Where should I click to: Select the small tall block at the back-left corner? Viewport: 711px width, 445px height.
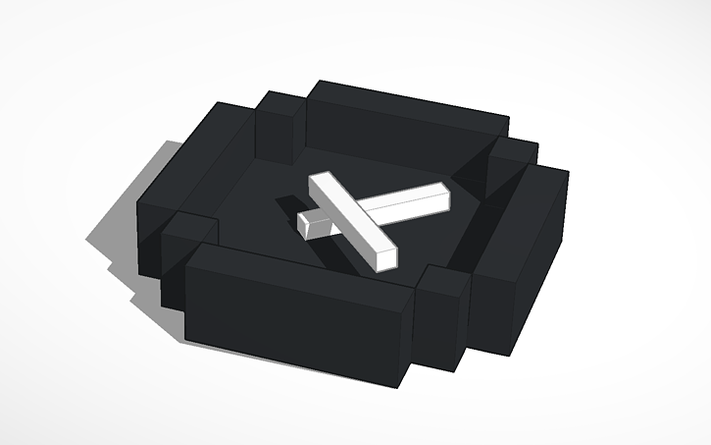pyautogui.click(x=279, y=128)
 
